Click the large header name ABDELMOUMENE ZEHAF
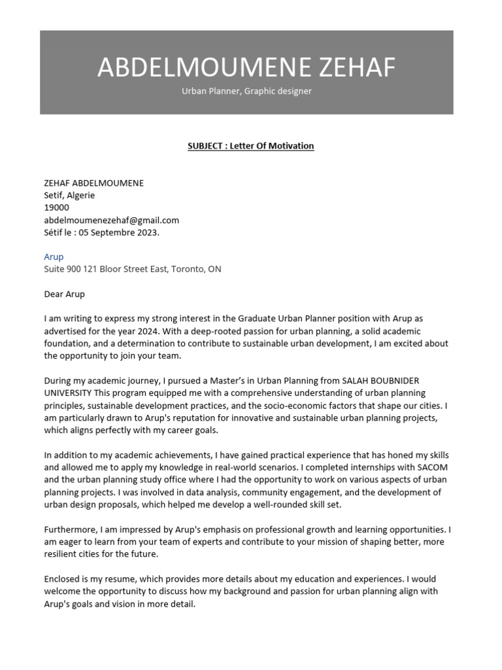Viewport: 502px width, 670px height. click(x=246, y=67)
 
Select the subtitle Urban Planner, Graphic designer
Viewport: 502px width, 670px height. click(x=246, y=91)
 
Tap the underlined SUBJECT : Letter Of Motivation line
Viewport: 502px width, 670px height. click(x=251, y=145)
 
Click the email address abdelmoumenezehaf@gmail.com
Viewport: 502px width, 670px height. click(x=111, y=220)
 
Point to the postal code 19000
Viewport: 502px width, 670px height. click(x=56, y=207)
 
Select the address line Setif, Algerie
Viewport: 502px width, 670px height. click(x=69, y=195)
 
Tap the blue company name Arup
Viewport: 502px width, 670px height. click(x=54, y=256)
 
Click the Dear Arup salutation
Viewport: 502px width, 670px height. click(x=64, y=294)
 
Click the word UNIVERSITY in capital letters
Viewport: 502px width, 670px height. click(x=68, y=393)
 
